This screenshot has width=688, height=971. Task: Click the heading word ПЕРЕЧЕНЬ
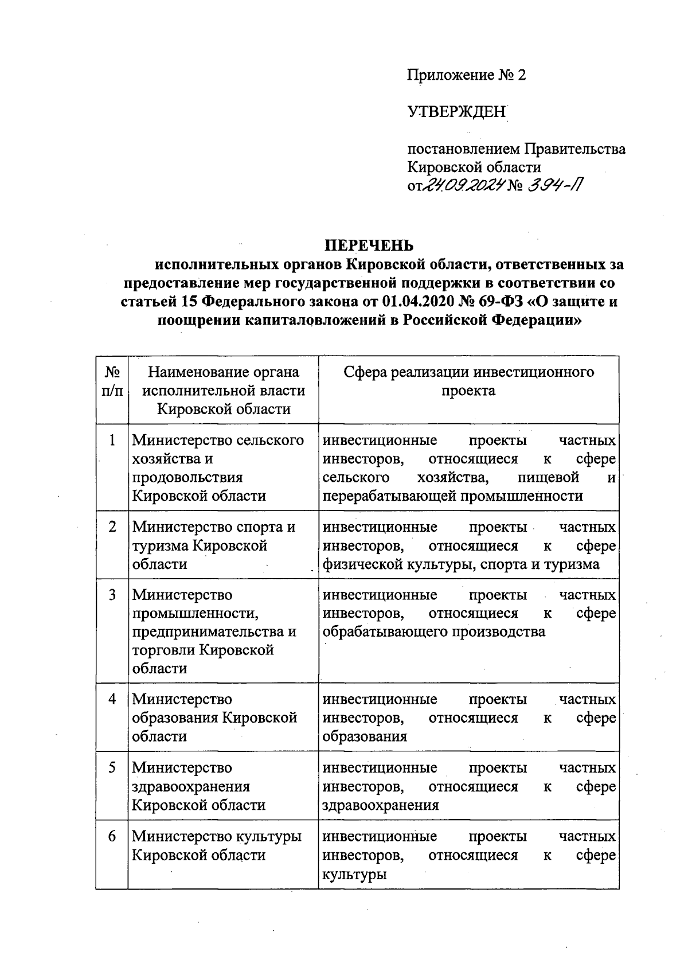[369, 245]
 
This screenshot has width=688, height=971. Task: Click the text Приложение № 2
[466, 75]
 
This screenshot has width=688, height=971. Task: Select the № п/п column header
[112, 382]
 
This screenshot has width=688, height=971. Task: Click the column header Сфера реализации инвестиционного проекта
[468, 381]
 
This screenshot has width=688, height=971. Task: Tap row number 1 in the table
[112, 440]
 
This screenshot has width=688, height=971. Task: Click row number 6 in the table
[112, 836]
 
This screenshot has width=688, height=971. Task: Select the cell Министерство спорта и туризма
[214, 545]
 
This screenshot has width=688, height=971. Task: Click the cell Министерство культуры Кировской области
[217, 845]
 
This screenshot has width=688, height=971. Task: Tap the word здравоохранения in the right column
[381, 805]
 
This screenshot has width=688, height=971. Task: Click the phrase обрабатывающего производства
[434, 631]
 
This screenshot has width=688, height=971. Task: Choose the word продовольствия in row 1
[187, 477]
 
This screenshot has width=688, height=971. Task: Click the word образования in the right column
[365, 736]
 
